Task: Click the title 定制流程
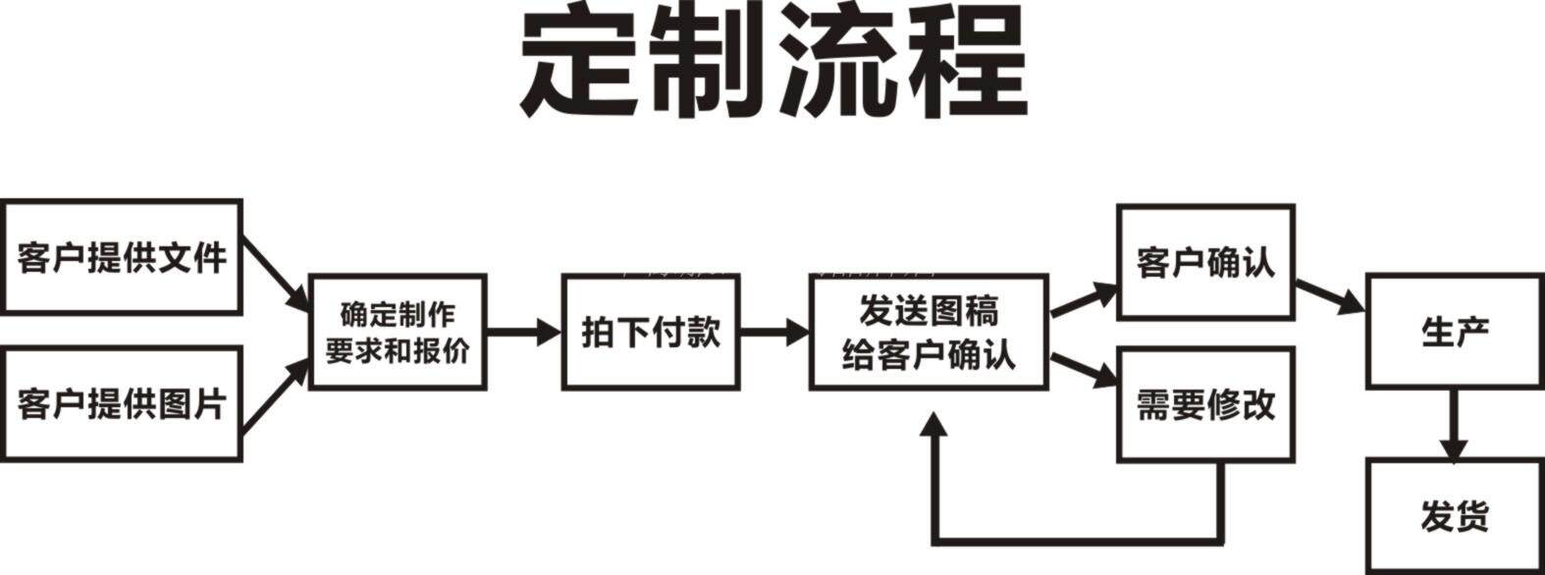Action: (772, 67)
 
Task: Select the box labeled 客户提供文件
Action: (122, 257)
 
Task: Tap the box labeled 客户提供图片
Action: (122, 403)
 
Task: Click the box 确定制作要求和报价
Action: (398, 332)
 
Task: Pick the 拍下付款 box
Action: (650, 332)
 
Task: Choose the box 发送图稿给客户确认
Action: (928, 332)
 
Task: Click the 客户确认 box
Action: (1205, 262)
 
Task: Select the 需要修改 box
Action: (1205, 403)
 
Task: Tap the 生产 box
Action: (1454, 332)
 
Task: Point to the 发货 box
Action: (1454, 515)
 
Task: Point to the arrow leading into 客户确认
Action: (1084, 299)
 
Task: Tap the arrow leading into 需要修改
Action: (1084, 368)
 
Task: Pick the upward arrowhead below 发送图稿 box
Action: (935, 425)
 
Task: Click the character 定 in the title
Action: (581, 67)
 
